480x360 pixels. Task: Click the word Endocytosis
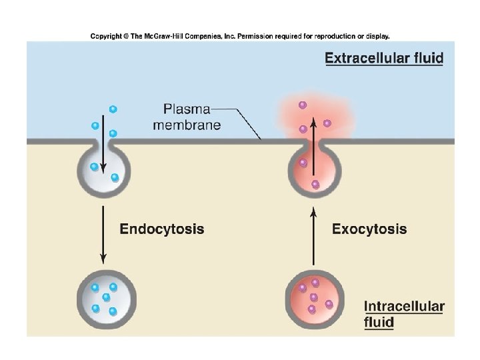tap(161, 229)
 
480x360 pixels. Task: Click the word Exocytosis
tap(369, 229)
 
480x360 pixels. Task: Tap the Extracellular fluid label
tap(383, 58)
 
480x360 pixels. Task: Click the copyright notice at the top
tap(240, 36)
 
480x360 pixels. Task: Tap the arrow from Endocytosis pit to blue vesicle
tap(103, 233)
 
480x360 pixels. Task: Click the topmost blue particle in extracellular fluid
tap(113, 109)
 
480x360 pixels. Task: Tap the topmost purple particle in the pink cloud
tap(303, 105)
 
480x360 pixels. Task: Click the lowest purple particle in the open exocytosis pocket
tap(315, 184)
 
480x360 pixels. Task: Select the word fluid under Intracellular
tap(379, 323)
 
